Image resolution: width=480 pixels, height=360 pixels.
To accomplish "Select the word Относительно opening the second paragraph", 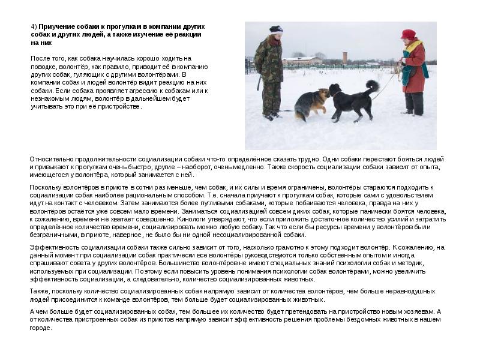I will pos(49,158).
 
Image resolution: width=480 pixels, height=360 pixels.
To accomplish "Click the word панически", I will pos(385,211).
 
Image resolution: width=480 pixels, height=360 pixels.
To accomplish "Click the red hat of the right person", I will pos(408,34).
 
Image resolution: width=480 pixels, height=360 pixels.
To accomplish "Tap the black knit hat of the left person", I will pos(275,29).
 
